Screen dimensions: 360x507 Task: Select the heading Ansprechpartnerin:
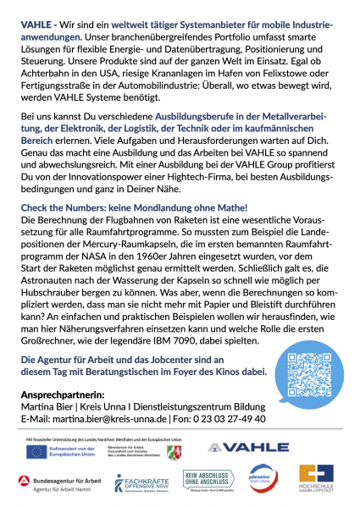[62, 394]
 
